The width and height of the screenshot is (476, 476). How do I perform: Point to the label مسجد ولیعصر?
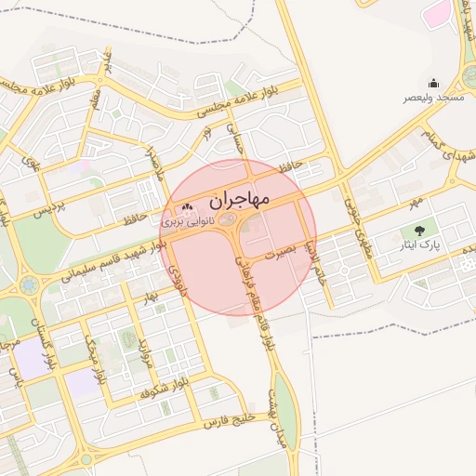(433, 98)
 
